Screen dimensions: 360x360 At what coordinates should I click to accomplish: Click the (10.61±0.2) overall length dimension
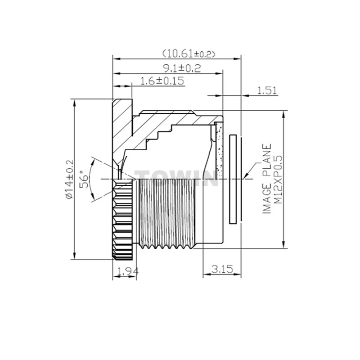click(x=189, y=54)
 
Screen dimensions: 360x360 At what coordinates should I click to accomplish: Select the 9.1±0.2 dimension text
click(x=182, y=68)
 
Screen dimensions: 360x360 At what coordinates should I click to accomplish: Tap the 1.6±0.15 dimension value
click(x=162, y=81)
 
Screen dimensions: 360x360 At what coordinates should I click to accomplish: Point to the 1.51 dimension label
click(x=267, y=90)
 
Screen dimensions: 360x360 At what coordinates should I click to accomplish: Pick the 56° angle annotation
click(x=84, y=179)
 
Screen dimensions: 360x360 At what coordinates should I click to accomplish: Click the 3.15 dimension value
click(x=222, y=269)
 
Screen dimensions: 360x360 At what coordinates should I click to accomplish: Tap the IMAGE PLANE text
click(x=266, y=179)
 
